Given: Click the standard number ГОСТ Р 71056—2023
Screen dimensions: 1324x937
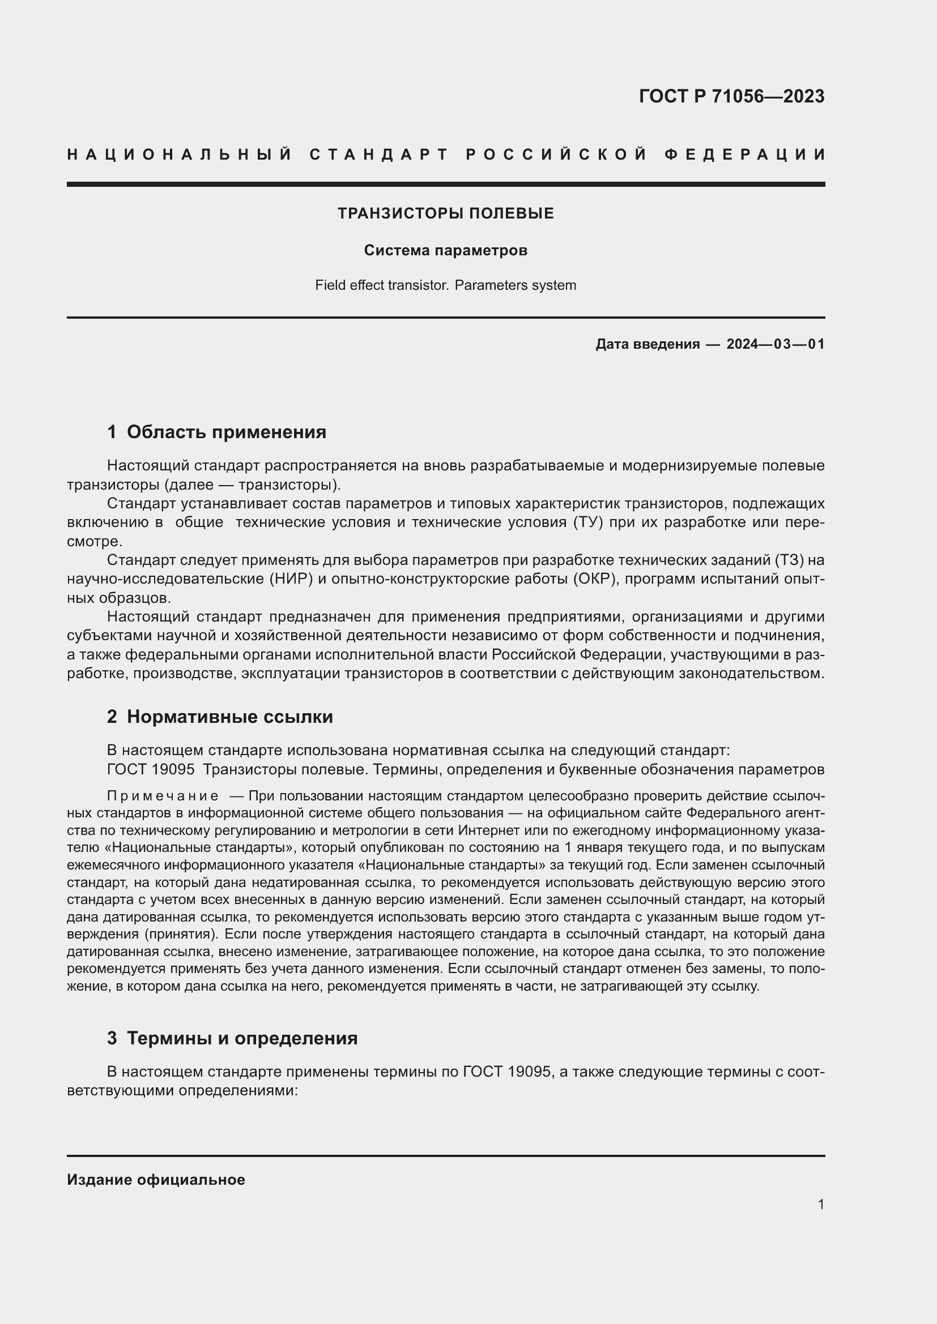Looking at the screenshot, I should click(731, 96).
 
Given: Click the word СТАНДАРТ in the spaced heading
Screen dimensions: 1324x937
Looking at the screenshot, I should click(379, 155).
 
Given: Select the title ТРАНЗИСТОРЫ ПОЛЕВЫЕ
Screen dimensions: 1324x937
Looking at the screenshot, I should click(445, 213).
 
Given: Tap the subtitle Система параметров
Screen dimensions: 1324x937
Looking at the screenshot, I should click(445, 250).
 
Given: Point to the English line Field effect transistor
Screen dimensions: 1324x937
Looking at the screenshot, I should click(381, 285).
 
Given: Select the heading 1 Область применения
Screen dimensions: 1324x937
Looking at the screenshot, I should click(216, 431).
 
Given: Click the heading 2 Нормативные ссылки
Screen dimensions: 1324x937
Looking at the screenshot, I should click(220, 716).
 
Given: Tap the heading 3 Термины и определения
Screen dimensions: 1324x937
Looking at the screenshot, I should click(232, 1038).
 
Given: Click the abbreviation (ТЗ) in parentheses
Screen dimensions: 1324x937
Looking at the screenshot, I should click(791, 560).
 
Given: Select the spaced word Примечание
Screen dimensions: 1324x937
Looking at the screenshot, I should click(163, 796).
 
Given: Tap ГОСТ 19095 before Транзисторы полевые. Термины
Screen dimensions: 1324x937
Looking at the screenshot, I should click(151, 769).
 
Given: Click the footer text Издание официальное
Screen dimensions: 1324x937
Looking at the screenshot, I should click(156, 1179).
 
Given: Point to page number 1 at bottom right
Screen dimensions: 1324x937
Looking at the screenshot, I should click(820, 1204).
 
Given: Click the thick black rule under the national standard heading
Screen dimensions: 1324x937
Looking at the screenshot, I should click(445, 184).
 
